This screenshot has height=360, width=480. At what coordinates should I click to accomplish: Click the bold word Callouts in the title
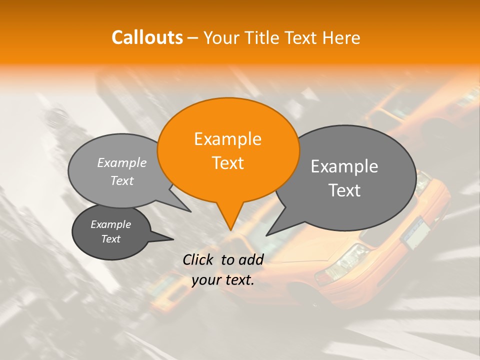[x=147, y=37]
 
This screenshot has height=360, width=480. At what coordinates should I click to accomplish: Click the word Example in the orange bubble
[x=227, y=139]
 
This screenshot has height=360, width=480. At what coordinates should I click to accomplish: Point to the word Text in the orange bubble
[x=228, y=162]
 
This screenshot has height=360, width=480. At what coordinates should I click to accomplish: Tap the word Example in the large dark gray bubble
[x=344, y=166]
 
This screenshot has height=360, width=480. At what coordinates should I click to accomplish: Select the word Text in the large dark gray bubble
[x=345, y=190]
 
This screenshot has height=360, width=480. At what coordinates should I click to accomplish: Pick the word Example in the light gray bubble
[x=122, y=163]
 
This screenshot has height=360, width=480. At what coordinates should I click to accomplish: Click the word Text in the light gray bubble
[x=122, y=180]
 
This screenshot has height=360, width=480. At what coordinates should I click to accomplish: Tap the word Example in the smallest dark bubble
[x=110, y=224]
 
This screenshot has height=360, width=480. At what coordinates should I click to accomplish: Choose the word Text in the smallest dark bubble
[x=111, y=239]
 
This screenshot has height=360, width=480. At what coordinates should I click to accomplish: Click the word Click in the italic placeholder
[x=200, y=259]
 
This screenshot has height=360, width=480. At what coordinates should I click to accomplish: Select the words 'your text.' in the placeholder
[x=223, y=280]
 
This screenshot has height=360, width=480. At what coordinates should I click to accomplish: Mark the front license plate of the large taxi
[x=416, y=234]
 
